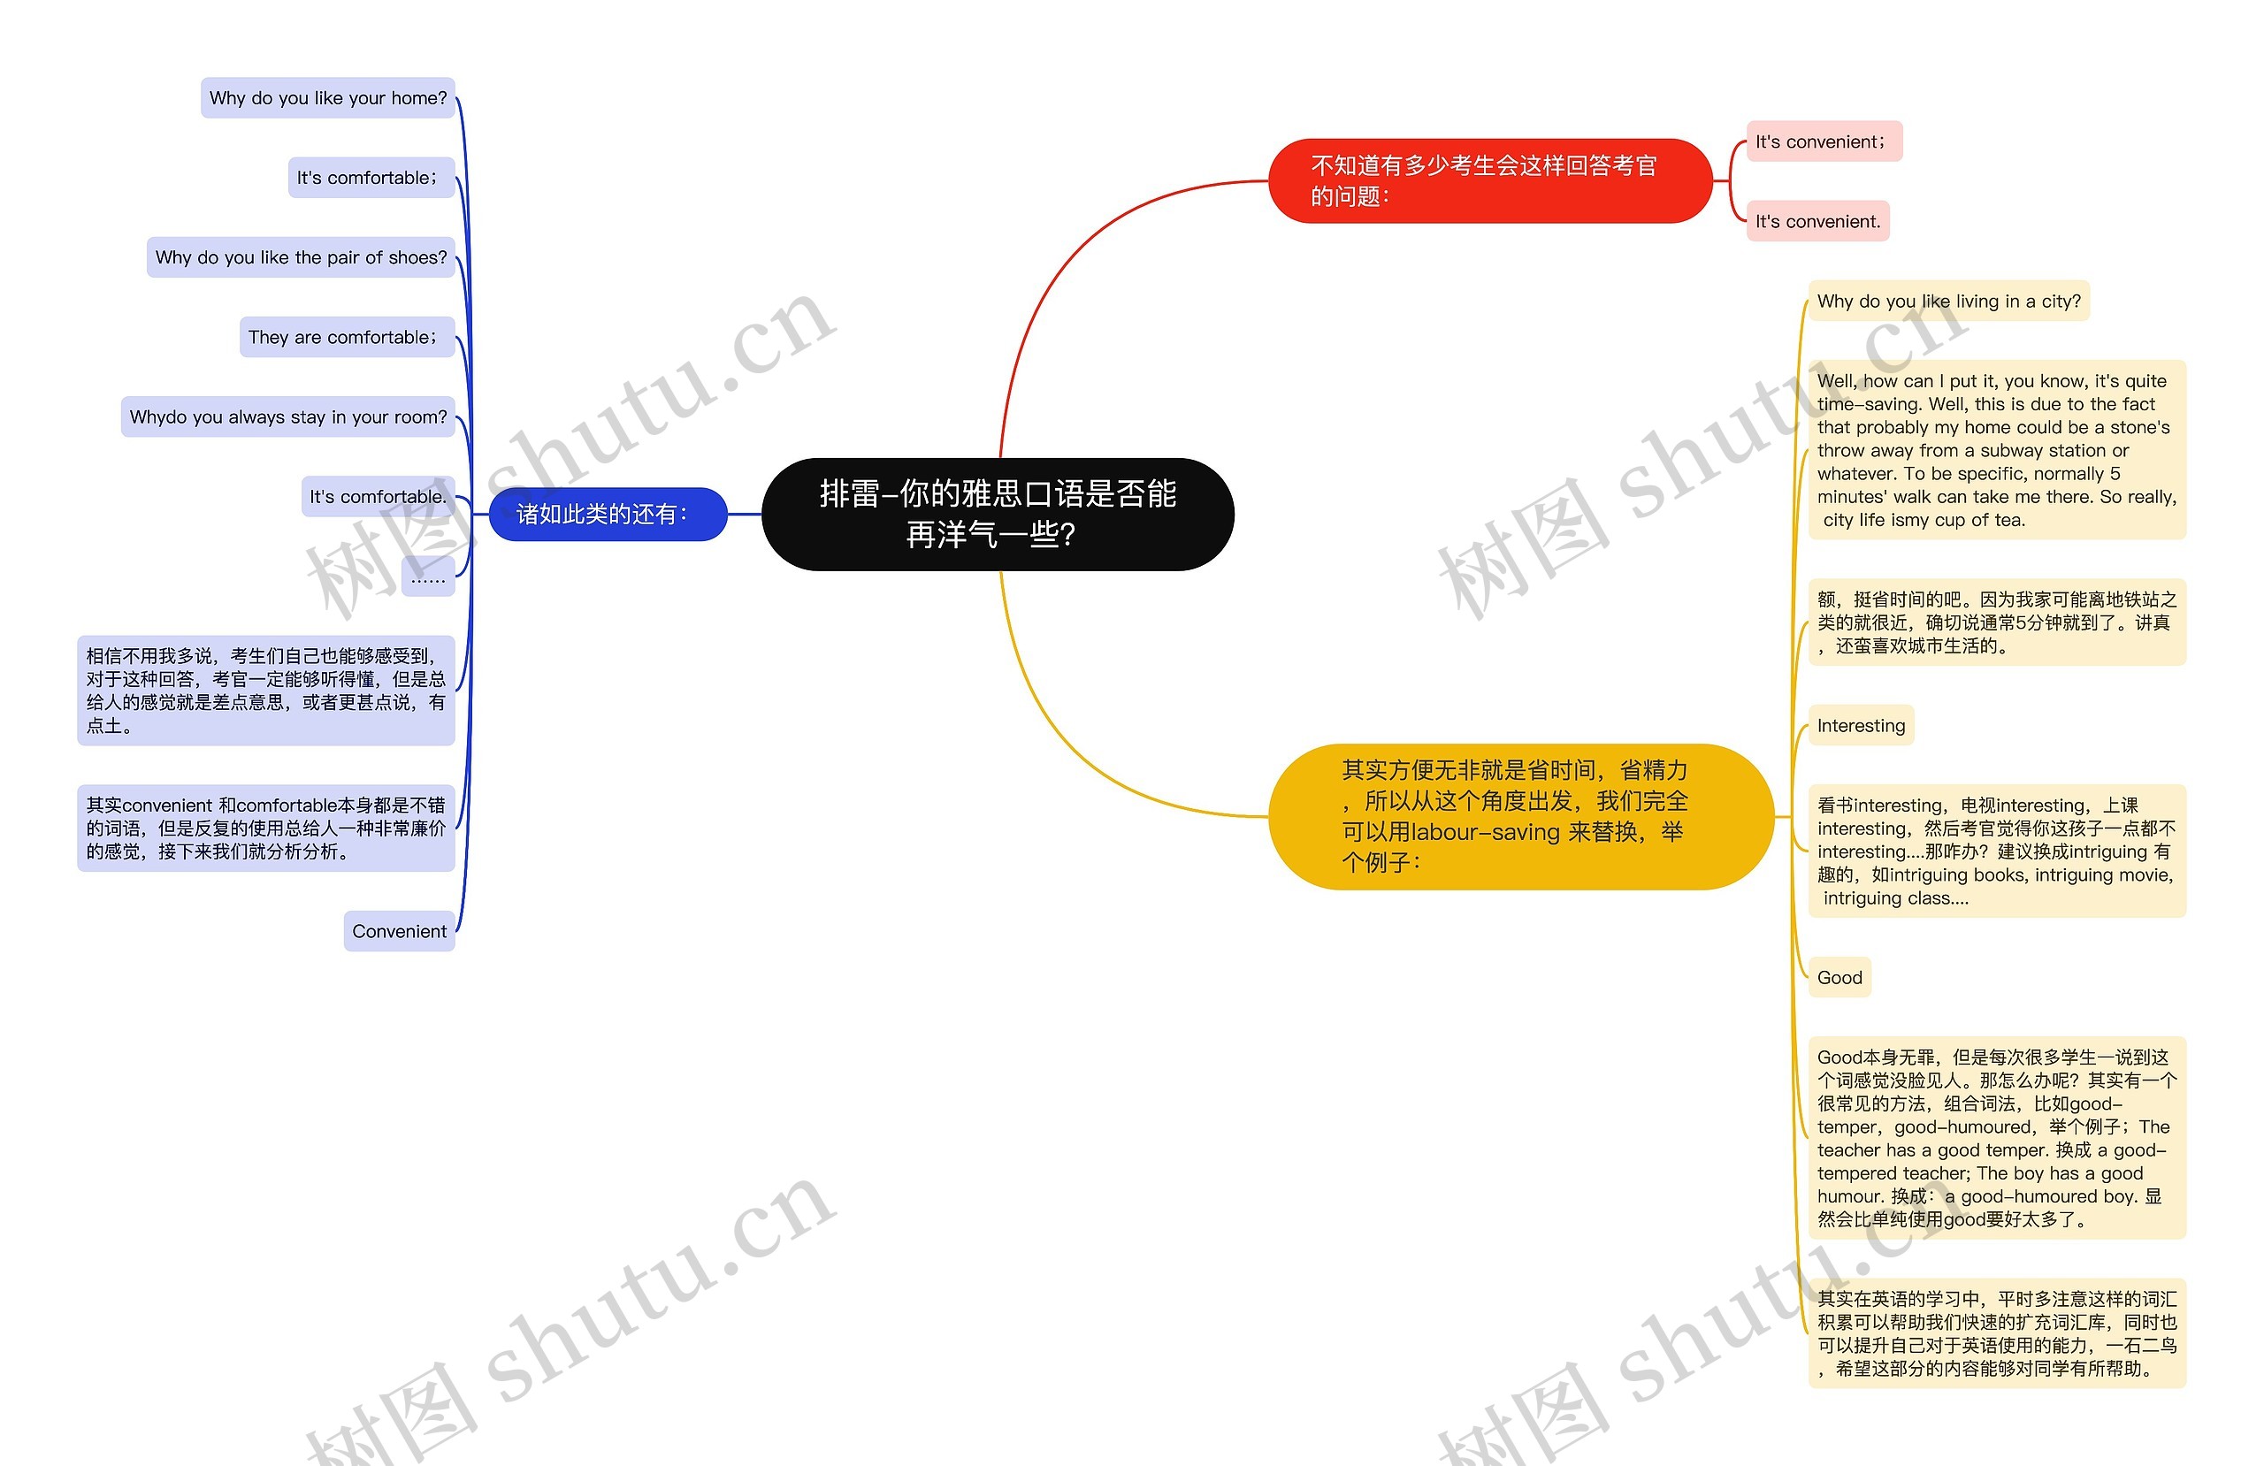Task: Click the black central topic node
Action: [x=997, y=514]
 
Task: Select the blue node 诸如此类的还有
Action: [x=607, y=514]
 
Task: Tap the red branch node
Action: [x=1488, y=179]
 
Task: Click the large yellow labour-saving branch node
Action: [x=1519, y=815]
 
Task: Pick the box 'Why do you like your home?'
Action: [x=327, y=98]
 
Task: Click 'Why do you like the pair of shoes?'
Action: [x=301, y=258]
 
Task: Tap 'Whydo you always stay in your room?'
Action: [x=287, y=416]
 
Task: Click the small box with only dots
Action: [x=427, y=577]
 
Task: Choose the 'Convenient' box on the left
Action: [x=399, y=931]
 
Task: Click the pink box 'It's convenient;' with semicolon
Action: [x=1823, y=141]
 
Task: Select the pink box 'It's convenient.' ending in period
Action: [x=1817, y=222]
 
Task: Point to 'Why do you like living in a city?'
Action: [x=1947, y=302]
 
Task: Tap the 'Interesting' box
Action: [x=1860, y=726]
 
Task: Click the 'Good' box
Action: [x=1839, y=978]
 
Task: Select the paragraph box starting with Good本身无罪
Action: [x=1996, y=1138]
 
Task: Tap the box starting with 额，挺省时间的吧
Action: [x=1996, y=622]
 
